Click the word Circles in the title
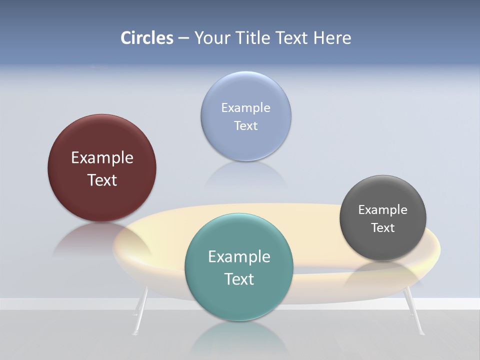point(147,38)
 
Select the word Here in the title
point(332,38)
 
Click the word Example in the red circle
point(102,157)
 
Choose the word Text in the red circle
point(102,180)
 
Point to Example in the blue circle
point(246,107)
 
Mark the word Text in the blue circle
point(246,125)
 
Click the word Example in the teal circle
point(239,256)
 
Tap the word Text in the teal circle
point(239,279)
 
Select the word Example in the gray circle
point(383,209)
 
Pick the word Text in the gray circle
point(383,228)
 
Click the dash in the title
point(183,38)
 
